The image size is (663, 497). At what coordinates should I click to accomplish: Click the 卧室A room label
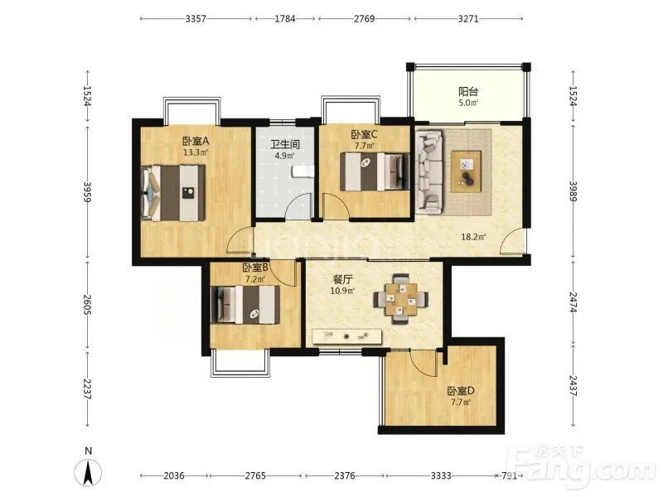click(x=196, y=141)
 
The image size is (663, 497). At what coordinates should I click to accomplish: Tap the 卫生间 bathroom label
click(x=285, y=144)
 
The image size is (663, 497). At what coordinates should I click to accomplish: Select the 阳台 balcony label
click(x=468, y=91)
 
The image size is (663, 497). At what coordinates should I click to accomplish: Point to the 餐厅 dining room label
click(x=342, y=279)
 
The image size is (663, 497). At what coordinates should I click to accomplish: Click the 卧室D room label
click(x=461, y=391)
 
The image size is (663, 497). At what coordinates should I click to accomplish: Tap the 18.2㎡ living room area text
click(x=473, y=237)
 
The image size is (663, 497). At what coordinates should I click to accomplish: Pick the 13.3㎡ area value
click(x=196, y=152)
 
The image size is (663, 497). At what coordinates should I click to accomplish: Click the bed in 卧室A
click(x=173, y=193)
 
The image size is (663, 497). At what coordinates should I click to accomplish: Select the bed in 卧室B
click(x=245, y=305)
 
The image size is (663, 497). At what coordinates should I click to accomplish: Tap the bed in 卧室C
click(x=375, y=171)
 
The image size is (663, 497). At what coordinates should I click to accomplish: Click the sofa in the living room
click(x=429, y=171)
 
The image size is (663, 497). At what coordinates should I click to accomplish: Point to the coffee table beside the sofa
click(x=467, y=171)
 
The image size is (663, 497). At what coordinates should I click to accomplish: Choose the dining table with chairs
click(x=400, y=299)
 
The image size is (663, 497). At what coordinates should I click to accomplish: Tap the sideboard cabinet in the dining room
click(x=346, y=336)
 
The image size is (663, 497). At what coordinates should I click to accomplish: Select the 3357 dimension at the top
click(x=196, y=18)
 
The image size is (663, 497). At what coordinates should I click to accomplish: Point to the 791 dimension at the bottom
click(x=509, y=475)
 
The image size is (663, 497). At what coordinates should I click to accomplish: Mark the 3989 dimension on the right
click(x=573, y=191)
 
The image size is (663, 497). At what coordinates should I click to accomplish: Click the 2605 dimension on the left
click(x=88, y=304)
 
